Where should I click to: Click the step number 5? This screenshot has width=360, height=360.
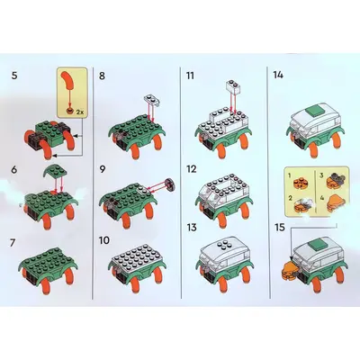[x=14, y=76]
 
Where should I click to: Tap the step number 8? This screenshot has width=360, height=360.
[x=102, y=76]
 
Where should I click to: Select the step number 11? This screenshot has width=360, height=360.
[x=190, y=76]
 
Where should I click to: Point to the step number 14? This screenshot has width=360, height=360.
[x=278, y=75]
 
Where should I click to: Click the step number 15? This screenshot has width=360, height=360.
[x=280, y=228]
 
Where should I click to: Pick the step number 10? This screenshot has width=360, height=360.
[x=104, y=240]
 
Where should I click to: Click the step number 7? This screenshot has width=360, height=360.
[x=13, y=243]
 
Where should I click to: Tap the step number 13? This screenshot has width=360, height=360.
[x=192, y=228]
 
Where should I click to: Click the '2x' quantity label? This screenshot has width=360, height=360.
[x=80, y=112]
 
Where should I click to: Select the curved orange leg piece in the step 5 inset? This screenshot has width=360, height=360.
[x=69, y=80]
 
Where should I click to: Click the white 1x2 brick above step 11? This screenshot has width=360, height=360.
[x=234, y=86]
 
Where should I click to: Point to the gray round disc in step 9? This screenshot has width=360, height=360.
[x=170, y=184]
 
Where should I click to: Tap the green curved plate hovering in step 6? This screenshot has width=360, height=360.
[x=53, y=172]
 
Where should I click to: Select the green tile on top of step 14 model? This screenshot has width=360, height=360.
[x=314, y=112]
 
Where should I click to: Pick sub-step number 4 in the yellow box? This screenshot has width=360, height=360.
[x=322, y=198]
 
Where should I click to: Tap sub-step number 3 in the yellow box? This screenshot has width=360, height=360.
[x=321, y=175]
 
